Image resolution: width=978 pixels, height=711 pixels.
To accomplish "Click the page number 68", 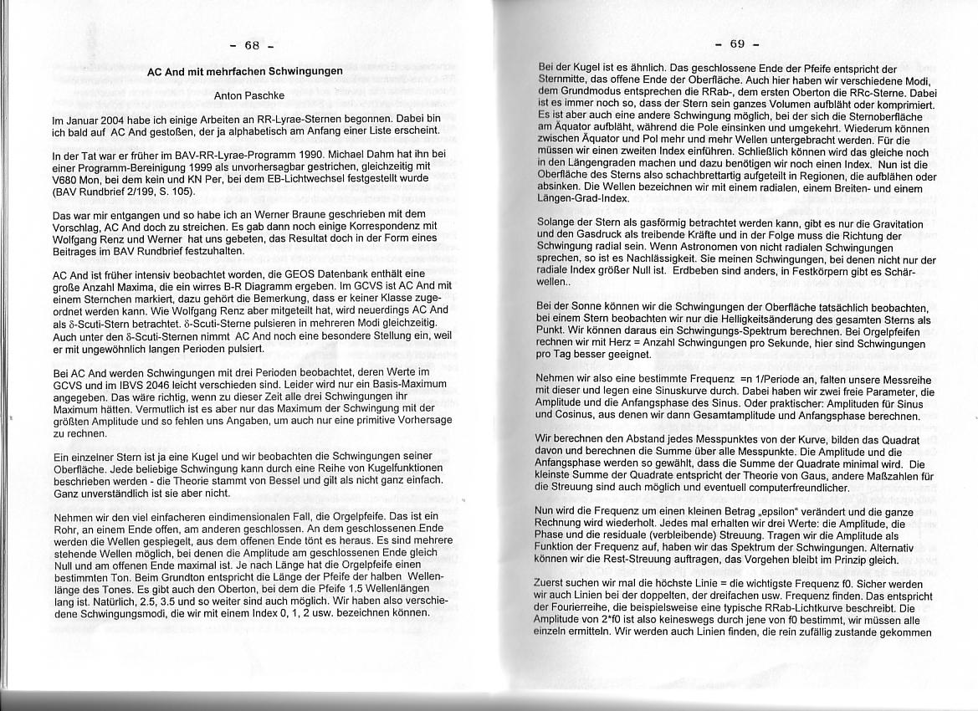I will pos(253,44).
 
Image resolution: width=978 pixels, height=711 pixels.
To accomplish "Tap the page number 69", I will pos(737,43).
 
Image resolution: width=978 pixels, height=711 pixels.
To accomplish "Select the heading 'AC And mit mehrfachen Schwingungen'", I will pos(244,72).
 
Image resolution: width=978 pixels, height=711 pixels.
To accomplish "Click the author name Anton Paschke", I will pos(249,96).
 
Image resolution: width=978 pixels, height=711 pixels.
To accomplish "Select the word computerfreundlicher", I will pos(758,487).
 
